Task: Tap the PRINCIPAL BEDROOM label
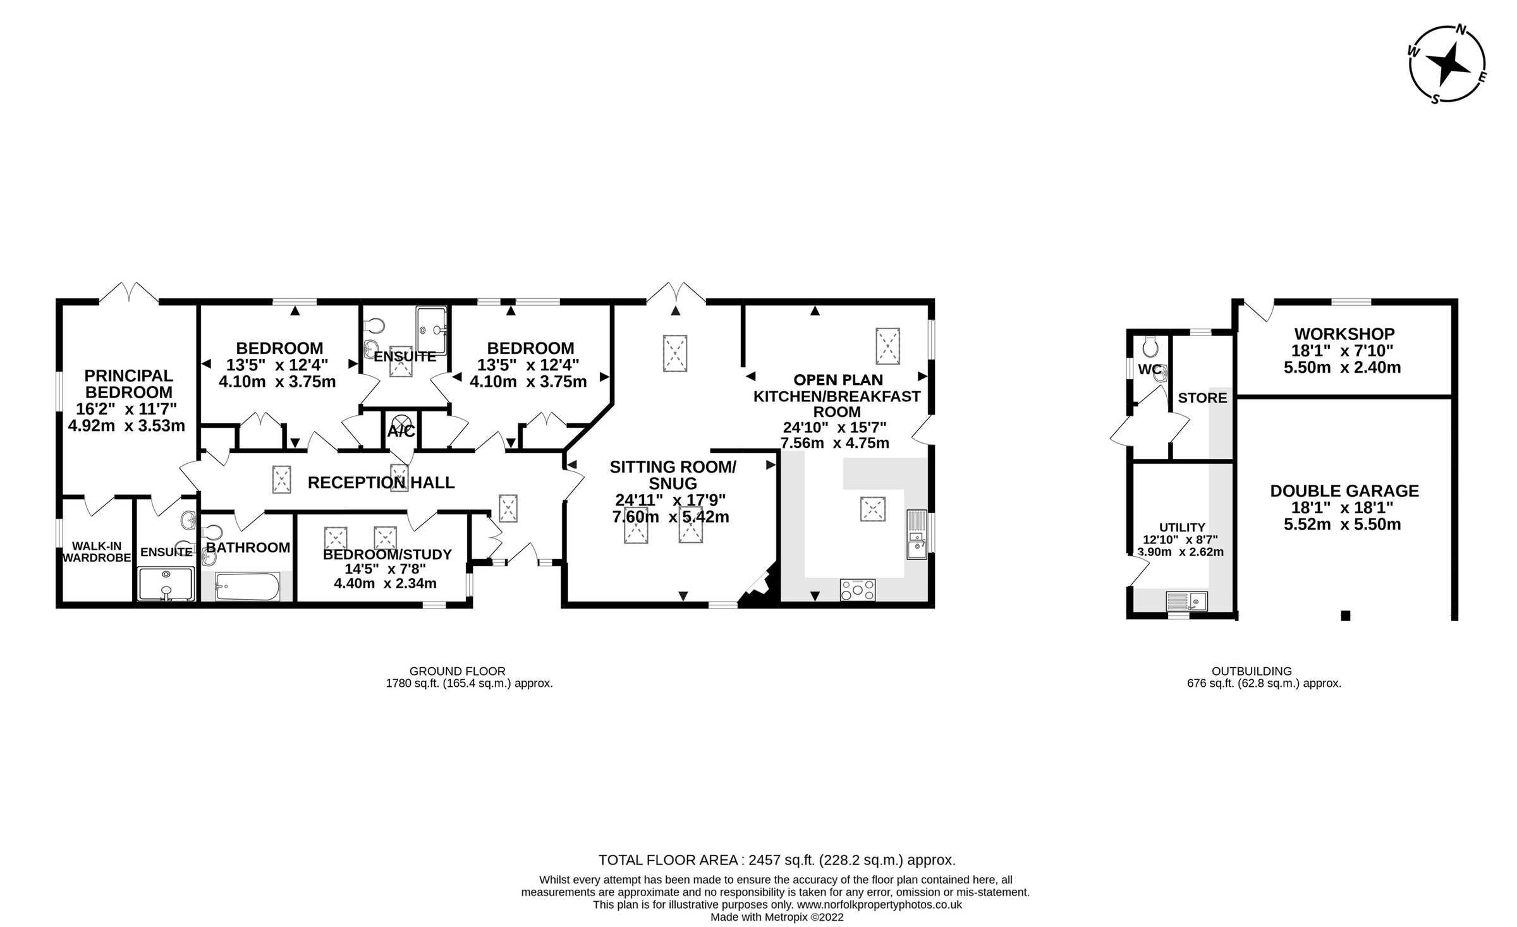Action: tap(128, 384)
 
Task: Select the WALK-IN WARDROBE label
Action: tap(96, 552)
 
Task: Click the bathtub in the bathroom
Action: tap(247, 586)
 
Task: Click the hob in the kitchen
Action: tap(858, 590)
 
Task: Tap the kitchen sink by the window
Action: tap(917, 545)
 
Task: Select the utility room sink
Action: tap(1186, 601)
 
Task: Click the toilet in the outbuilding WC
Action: tap(1150, 347)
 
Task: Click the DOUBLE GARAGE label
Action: tap(1344, 491)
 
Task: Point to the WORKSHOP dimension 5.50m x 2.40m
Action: tap(1343, 368)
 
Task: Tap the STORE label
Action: tap(1202, 398)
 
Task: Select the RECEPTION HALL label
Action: tap(381, 483)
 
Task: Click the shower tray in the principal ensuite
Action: tap(166, 585)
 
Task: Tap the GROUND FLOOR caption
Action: tap(457, 671)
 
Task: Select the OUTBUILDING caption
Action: tap(1252, 671)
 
